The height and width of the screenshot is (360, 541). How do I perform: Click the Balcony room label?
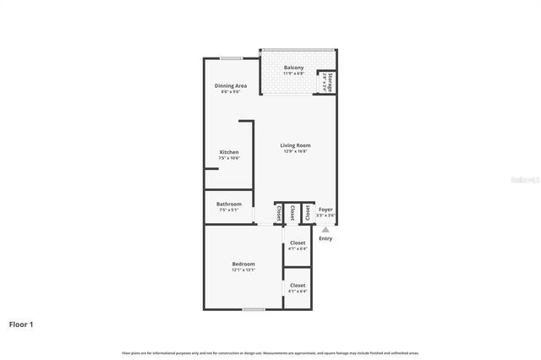(x=293, y=68)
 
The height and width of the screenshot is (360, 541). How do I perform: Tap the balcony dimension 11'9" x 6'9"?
(x=293, y=74)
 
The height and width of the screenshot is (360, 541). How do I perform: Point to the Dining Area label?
(x=230, y=85)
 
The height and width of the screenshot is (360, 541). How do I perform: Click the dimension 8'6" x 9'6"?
(x=230, y=91)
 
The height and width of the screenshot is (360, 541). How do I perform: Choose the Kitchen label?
(x=229, y=152)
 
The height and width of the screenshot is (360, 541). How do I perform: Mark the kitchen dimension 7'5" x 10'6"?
(x=229, y=158)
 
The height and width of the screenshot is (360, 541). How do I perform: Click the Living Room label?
(x=296, y=145)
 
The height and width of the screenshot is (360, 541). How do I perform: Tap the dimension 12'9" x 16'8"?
(x=296, y=151)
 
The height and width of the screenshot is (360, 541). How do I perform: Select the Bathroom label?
(x=229, y=204)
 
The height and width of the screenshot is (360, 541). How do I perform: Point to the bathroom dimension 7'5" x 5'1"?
(x=229, y=210)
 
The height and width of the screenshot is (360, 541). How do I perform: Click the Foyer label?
(x=325, y=210)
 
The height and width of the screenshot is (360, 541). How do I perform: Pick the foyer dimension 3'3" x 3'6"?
(x=325, y=215)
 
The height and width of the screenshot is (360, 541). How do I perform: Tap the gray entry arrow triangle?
(x=325, y=228)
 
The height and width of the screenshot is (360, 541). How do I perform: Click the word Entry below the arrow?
(x=325, y=238)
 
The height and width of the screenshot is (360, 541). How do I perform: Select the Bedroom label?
(x=243, y=264)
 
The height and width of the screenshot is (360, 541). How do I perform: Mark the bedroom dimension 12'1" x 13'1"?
(x=243, y=270)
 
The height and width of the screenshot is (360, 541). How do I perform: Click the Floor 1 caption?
(x=21, y=324)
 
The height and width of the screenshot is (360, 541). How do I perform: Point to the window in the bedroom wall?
(x=254, y=309)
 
